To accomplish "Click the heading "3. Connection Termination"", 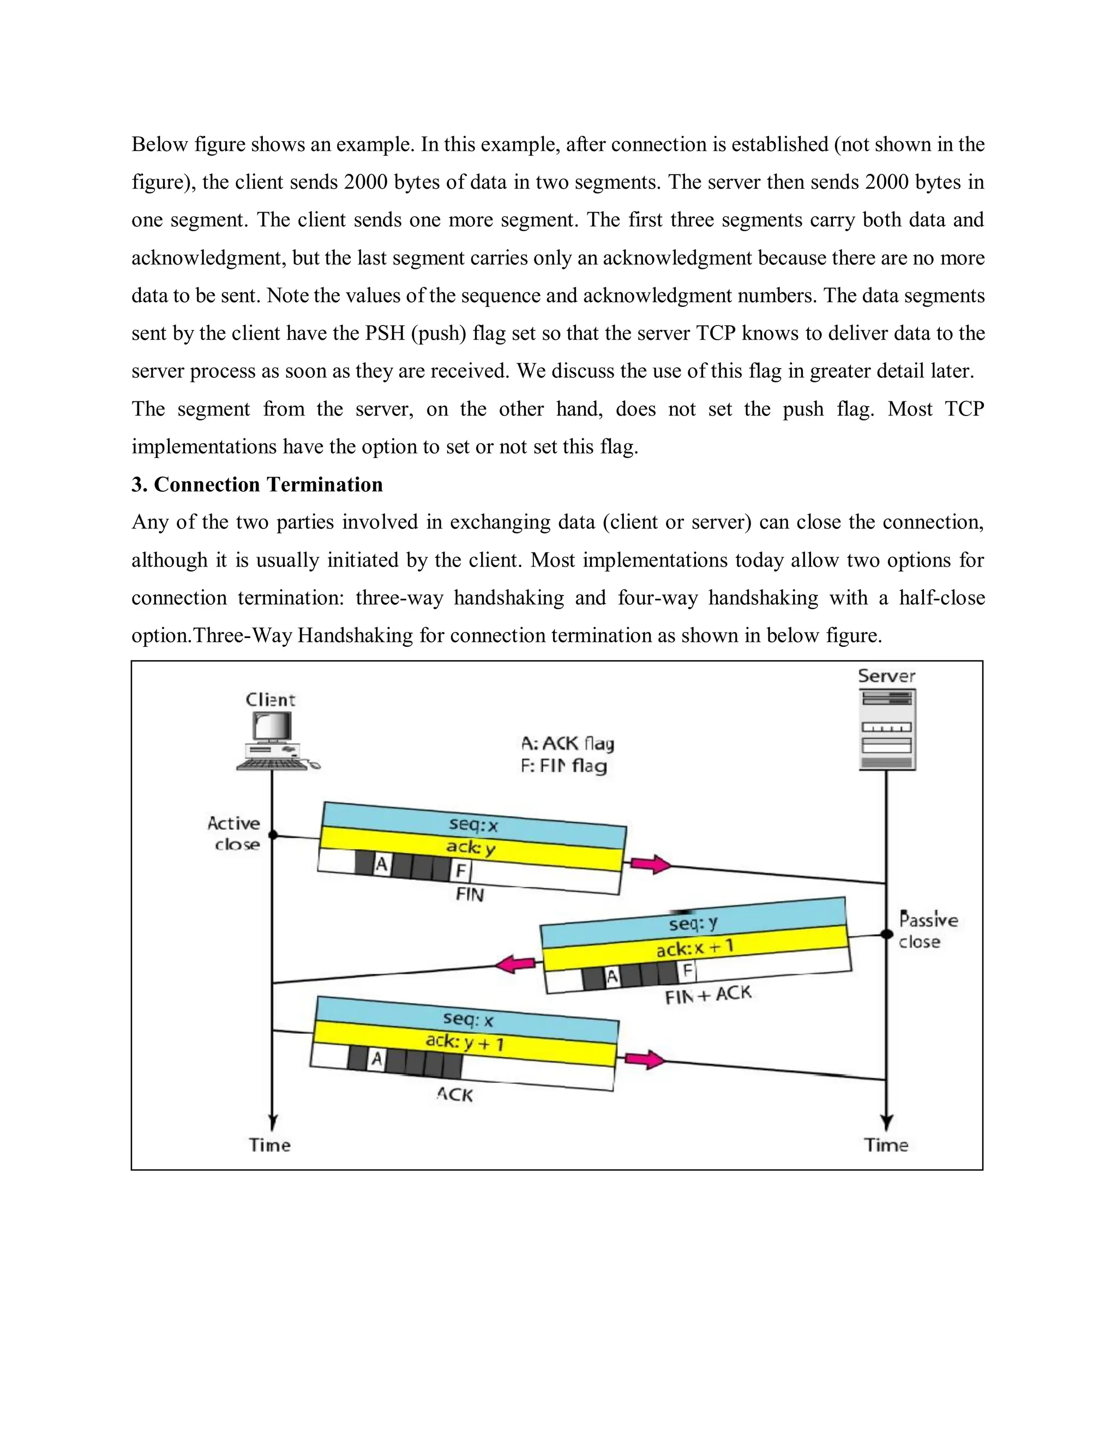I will tap(257, 485).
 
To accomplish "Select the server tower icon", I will tap(887, 729).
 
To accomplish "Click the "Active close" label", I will tap(234, 834).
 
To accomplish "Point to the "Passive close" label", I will tap(928, 931).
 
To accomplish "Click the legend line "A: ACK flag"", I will tap(567, 744).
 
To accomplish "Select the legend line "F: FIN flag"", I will tap(563, 766).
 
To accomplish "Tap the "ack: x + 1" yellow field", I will tap(695, 949).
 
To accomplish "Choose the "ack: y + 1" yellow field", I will tap(465, 1042).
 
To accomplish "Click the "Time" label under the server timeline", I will tap(886, 1145).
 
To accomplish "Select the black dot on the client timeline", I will tap(272, 835).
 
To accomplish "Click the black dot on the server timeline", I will tap(887, 934).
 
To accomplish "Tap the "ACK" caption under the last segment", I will tap(455, 1095).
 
